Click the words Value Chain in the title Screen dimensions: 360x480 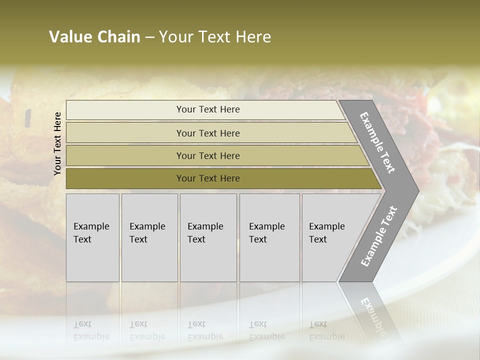tap(94, 37)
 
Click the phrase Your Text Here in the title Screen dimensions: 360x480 tap(215, 37)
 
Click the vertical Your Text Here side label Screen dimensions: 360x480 tap(58, 143)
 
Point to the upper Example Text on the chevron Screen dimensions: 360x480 tap(377, 142)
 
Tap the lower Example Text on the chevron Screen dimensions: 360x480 tap(378, 236)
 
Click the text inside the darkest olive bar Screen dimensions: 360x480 tap(208, 178)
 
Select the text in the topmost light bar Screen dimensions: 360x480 tap(208, 109)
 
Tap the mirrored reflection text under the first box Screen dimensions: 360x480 tap(91, 330)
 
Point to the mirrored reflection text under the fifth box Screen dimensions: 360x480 tap(326, 330)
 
